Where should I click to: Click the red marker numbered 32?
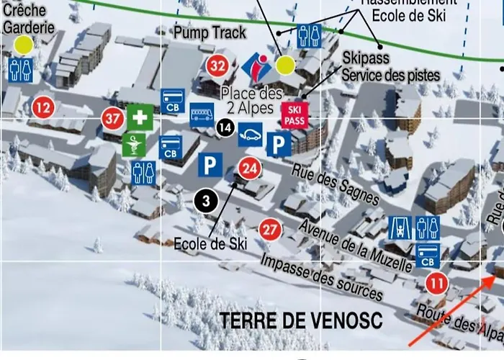[217, 66]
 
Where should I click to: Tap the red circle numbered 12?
[42, 109]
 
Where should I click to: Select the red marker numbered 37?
[112, 117]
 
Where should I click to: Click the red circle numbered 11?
[436, 283]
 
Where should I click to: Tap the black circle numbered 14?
[225, 128]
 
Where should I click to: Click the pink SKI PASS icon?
[293, 115]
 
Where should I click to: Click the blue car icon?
[250, 134]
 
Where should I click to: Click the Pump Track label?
[210, 32]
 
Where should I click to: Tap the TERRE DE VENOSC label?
[301, 319]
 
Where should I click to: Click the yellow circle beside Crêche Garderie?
[23, 45]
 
